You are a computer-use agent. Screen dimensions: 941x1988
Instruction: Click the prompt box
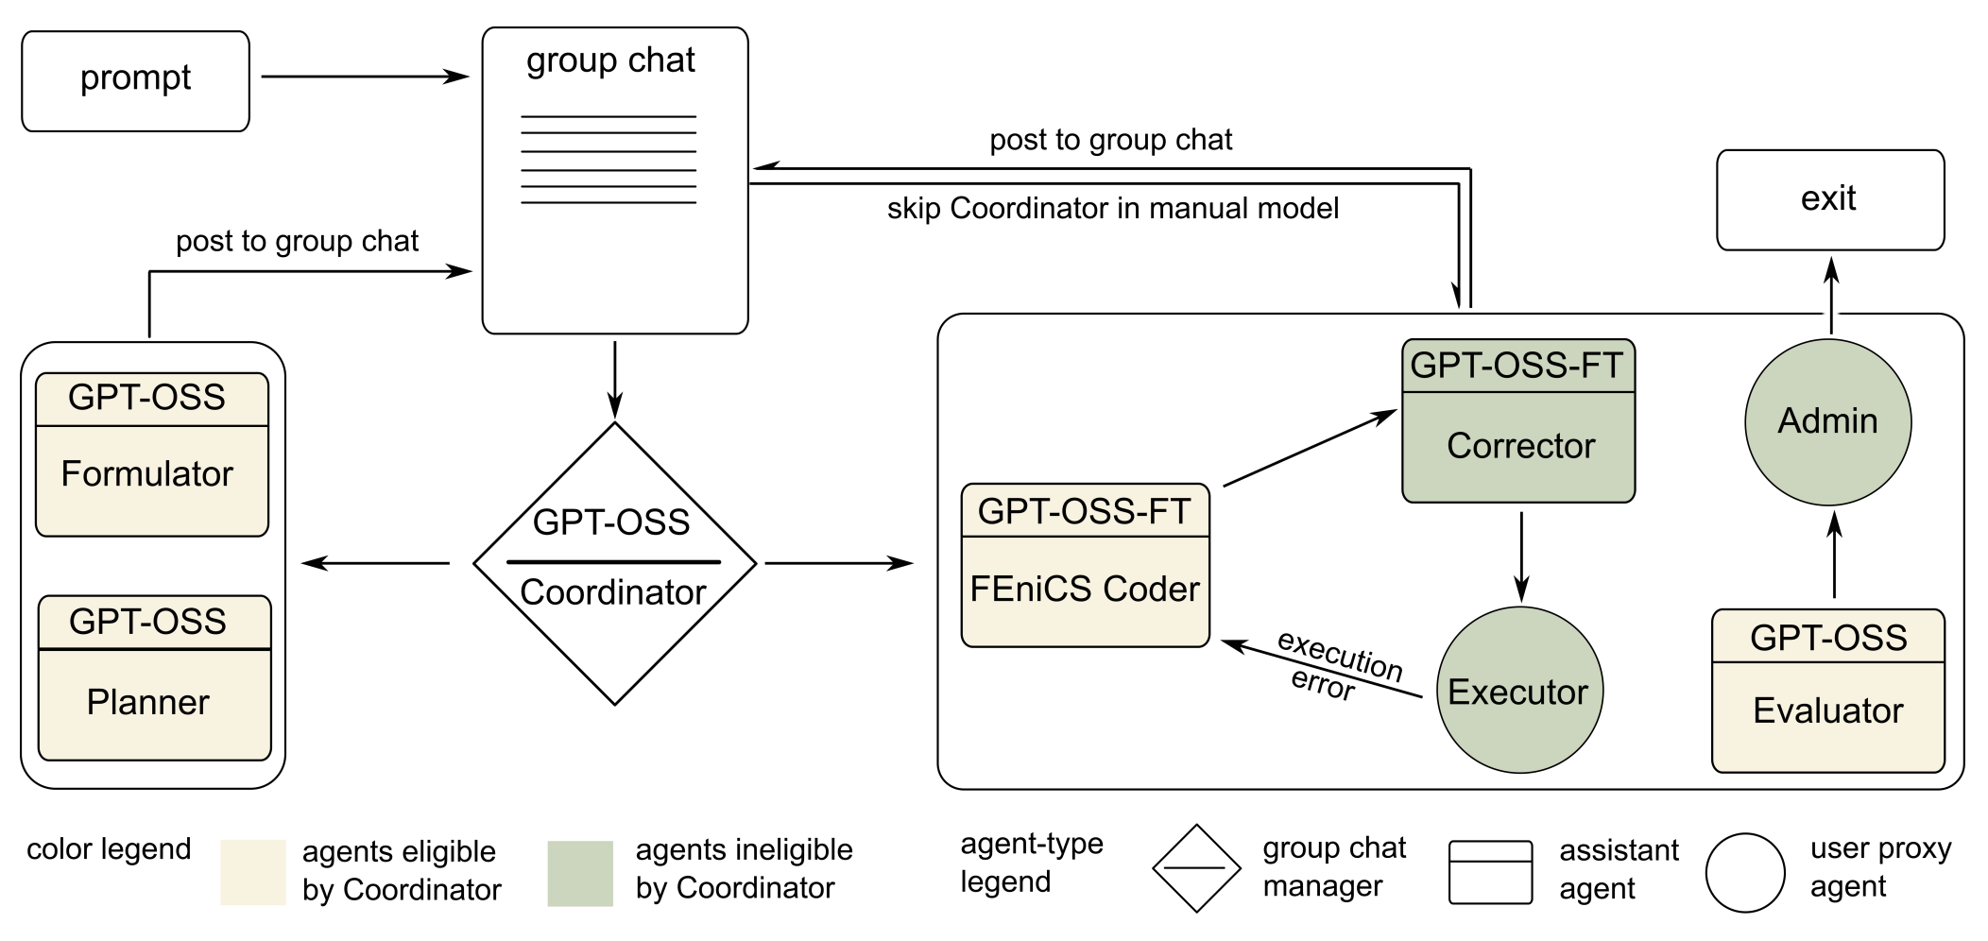(x=135, y=81)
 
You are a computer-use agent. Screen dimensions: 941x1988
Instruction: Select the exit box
(x=1829, y=199)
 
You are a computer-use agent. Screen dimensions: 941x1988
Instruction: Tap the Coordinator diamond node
(x=614, y=563)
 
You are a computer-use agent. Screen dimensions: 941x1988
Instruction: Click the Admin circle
(x=1827, y=421)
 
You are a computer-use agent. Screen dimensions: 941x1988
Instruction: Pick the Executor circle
(x=1518, y=691)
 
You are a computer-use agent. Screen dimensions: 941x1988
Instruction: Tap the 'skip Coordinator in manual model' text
(x=1112, y=209)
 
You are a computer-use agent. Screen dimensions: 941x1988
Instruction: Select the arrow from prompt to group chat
(x=364, y=77)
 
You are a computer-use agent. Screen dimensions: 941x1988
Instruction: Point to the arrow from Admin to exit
(x=1831, y=295)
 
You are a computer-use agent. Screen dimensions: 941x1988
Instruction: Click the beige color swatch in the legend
(x=252, y=872)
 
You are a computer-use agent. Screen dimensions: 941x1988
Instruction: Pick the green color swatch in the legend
(x=580, y=873)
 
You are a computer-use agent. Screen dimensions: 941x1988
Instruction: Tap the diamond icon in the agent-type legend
(x=1196, y=867)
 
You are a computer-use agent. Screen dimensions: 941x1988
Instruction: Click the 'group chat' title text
(x=610, y=60)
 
